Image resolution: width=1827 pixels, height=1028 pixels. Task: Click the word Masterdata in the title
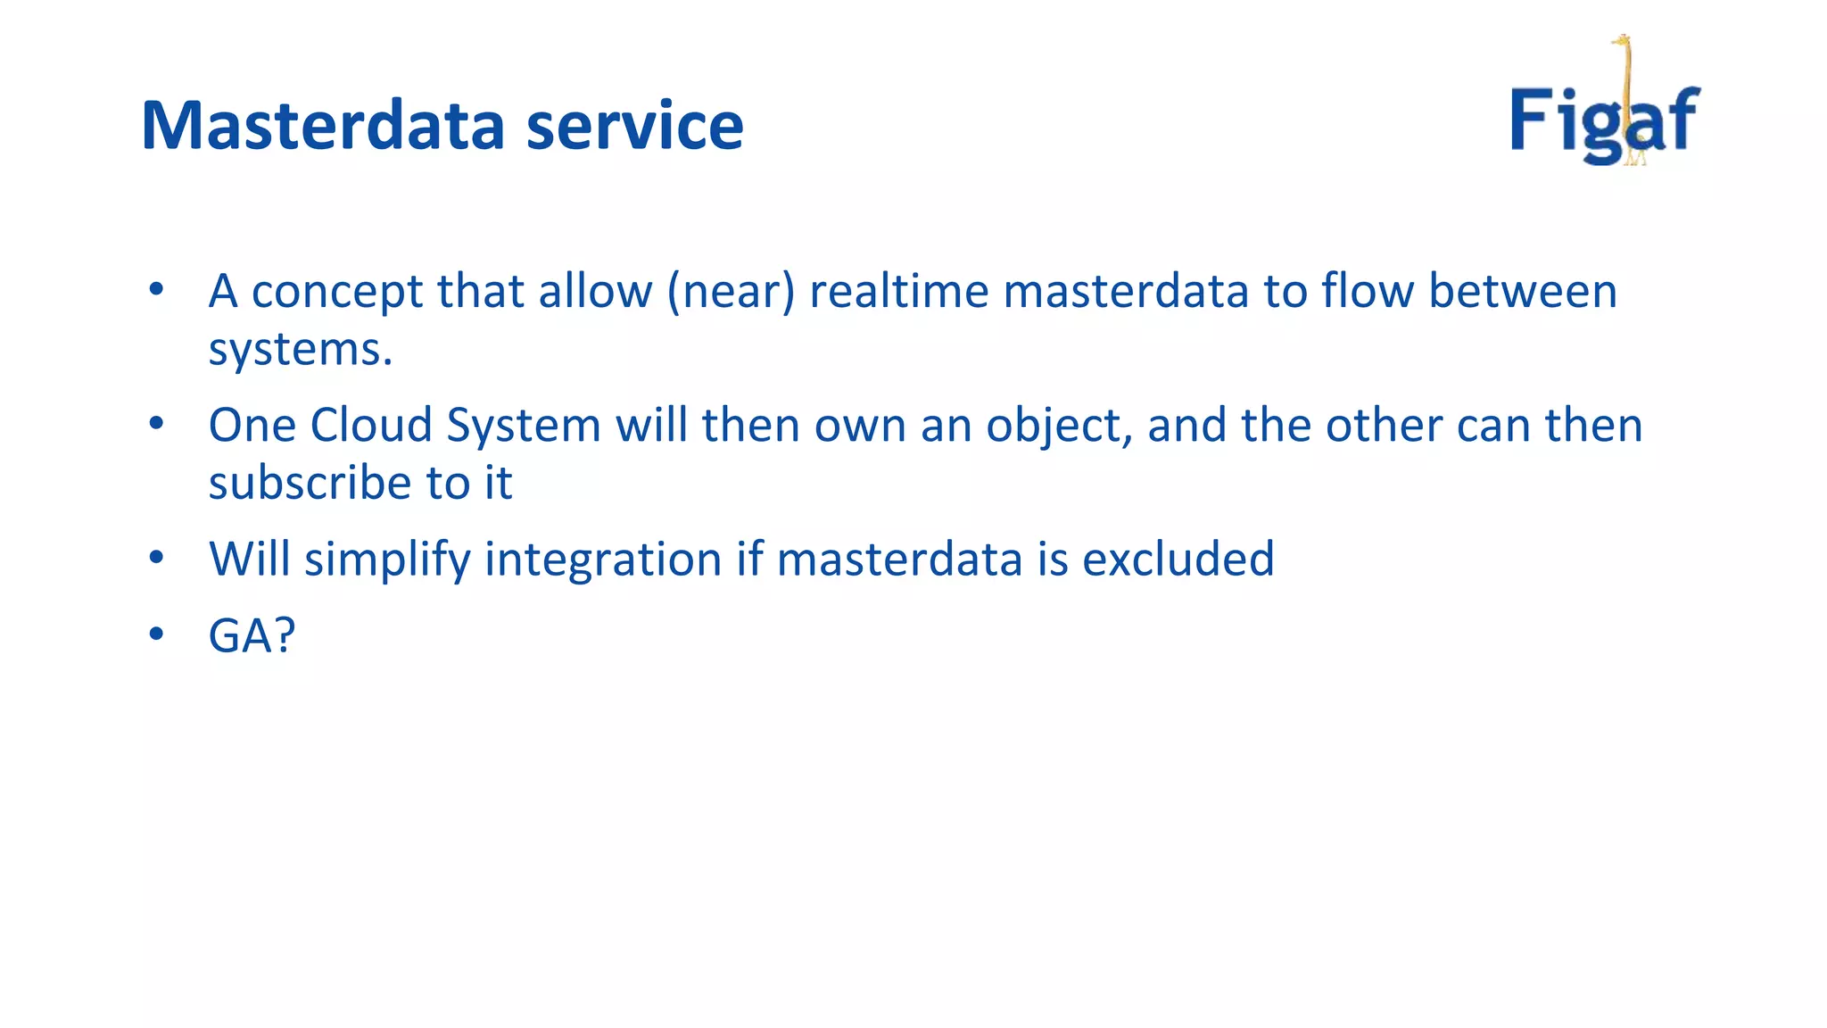pos(323,125)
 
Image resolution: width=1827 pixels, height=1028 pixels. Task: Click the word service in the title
pos(634,125)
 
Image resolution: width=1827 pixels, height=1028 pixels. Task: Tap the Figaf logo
pos(1604,116)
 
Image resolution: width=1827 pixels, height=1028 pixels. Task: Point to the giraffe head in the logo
pos(1621,41)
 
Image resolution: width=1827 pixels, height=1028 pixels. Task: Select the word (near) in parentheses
pos(731,293)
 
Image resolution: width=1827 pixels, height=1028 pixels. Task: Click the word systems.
pos(300,350)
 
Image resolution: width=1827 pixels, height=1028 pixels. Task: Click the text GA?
pos(252,636)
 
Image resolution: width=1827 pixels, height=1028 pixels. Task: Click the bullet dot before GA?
pos(157,634)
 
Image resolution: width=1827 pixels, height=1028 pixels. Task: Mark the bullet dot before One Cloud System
pos(157,423)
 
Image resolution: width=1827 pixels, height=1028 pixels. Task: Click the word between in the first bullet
pos(1522,292)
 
